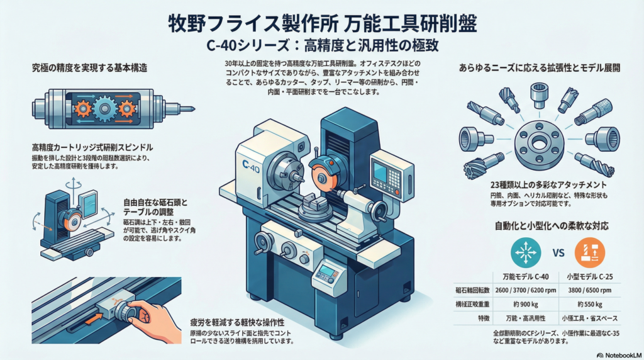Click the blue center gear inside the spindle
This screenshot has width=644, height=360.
pos(104,108)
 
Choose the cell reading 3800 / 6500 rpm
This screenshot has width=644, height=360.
pos(589,291)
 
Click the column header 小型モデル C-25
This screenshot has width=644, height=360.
pos(589,277)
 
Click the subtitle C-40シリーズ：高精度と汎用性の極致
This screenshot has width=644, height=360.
pos(321,46)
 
